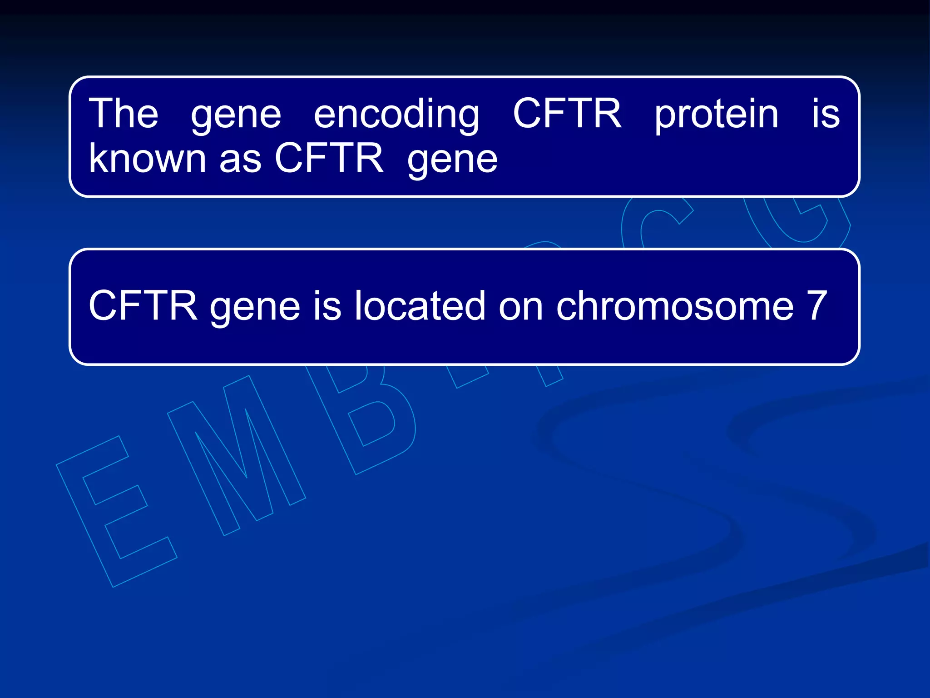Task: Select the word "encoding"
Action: coord(396,115)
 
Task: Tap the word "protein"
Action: coord(716,115)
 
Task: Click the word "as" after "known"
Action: coord(240,160)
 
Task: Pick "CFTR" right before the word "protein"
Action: coord(567,113)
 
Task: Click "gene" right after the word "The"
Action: coord(236,116)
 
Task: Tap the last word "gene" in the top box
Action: coord(452,160)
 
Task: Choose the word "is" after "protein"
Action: coord(826,114)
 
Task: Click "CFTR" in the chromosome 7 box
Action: coord(143,305)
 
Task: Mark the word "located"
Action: coord(419,305)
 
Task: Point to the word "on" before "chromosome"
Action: coord(521,307)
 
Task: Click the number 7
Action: coord(816,305)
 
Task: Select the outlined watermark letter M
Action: coord(236,454)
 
